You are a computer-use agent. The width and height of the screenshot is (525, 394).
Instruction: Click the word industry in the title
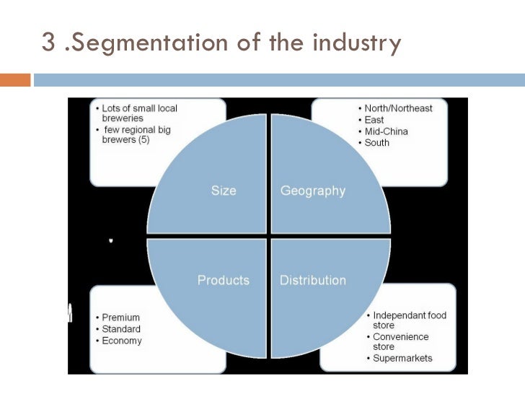[356, 43]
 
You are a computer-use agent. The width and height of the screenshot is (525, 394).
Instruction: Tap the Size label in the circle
[223, 191]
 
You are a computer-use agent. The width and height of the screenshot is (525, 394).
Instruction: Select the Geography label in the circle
[312, 191]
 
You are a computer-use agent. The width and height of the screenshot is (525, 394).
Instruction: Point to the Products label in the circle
[224, 280]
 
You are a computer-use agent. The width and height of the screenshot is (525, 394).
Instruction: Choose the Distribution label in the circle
[312, 280]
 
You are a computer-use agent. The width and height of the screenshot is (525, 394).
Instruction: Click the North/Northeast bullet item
[399, 108]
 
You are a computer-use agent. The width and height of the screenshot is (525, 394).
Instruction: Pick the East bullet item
[374, 120]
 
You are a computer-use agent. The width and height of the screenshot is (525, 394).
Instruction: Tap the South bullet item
[377, 143]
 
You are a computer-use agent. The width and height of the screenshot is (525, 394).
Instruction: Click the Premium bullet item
[121, 318]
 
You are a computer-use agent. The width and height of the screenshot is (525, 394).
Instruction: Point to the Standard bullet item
[122, 329]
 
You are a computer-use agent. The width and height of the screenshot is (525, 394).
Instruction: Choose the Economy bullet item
[122, 341]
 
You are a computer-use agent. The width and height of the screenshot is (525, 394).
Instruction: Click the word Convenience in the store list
[401, 337]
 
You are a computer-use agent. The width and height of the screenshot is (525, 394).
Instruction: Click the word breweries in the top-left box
[123, 118]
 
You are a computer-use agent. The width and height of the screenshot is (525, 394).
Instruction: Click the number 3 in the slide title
[49, 43]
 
